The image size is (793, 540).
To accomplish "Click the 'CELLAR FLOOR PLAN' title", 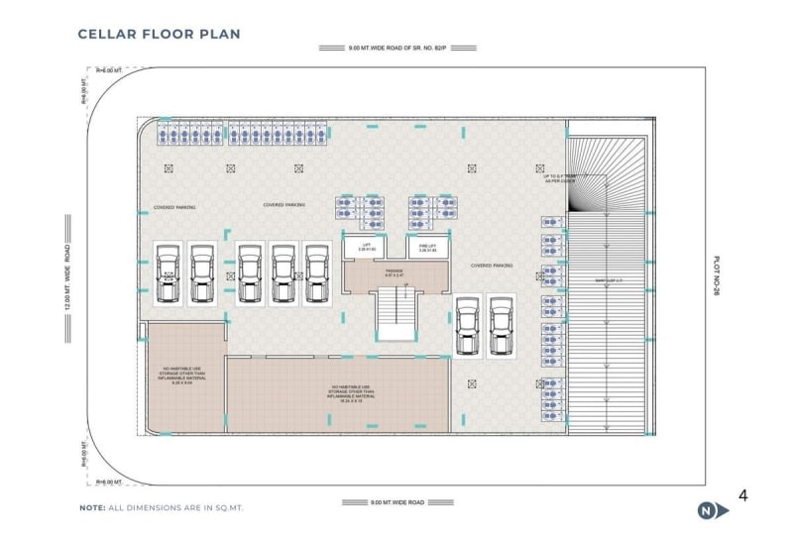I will coord(159,35).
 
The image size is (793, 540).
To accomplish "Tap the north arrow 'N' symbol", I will coord(706,510).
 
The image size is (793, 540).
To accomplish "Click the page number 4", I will coord(742,495).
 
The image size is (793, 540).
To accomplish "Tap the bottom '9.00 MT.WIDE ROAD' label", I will coord(396,502).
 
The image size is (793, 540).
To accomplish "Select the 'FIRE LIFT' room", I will coord(427,247).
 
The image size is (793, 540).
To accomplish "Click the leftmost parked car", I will coord(170,272).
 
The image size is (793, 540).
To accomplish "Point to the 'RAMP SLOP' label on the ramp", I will coord(607,280).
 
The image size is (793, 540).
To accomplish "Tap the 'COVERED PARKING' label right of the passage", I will coord(492,266).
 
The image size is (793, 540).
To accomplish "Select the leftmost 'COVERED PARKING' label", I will coord(174,207).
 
